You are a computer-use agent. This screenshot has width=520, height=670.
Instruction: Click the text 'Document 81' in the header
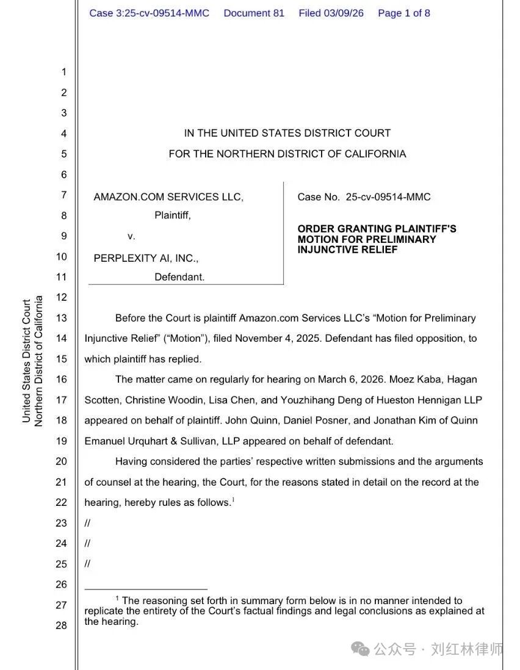(254, 13)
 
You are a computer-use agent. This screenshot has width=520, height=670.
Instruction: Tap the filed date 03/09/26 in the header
(345, 13)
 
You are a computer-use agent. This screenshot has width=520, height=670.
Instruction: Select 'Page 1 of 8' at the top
(404, 13)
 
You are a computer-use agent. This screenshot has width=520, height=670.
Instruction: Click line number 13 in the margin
(62, 318)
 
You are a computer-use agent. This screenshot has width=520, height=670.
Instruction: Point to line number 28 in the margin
(62, 625)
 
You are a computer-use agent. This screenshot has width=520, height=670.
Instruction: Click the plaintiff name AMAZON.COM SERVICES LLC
(168, 197)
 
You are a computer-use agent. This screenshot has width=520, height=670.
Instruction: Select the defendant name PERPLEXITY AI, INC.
(146, 258)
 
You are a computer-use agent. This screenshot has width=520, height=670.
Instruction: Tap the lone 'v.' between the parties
(131, 236)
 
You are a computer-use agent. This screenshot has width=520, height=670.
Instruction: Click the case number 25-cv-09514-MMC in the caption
(388, 197)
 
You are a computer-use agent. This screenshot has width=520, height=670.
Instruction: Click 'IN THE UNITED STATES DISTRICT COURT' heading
(287, 133)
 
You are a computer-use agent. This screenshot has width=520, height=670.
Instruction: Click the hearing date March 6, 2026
(352, 380)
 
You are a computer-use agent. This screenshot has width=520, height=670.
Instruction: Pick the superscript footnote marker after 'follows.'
(233, 500)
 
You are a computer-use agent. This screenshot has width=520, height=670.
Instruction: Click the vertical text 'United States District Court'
(26, 360)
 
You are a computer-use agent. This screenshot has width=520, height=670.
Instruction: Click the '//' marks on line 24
(87, 543)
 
